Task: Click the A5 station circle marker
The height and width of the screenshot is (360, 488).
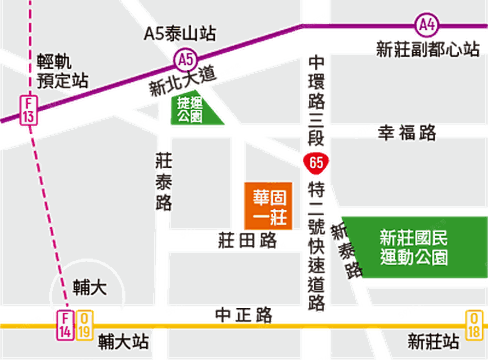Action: pyautogui.click(x=185, y=60)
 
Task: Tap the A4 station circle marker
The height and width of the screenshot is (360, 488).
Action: pyautogui.click(x=427, y=24)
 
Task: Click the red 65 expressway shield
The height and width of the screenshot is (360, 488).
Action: pyautogui.click(x=316, y=162)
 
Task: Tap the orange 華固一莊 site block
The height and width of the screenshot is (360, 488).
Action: pyautogui.click(x=268, y=206)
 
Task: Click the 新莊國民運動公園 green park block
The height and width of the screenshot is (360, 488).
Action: pyautogui.click(x=414, y=248)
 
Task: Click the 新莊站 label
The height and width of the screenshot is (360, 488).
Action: pyautogui.click(x=433, y=341)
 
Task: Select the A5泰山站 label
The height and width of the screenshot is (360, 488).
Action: pyautogui.click(x=180, y=34)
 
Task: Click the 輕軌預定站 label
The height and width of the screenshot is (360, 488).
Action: pyautogui.click(x=60, y=71)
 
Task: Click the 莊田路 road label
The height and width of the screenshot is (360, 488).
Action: pyautogui.click(x=248, y=240)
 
